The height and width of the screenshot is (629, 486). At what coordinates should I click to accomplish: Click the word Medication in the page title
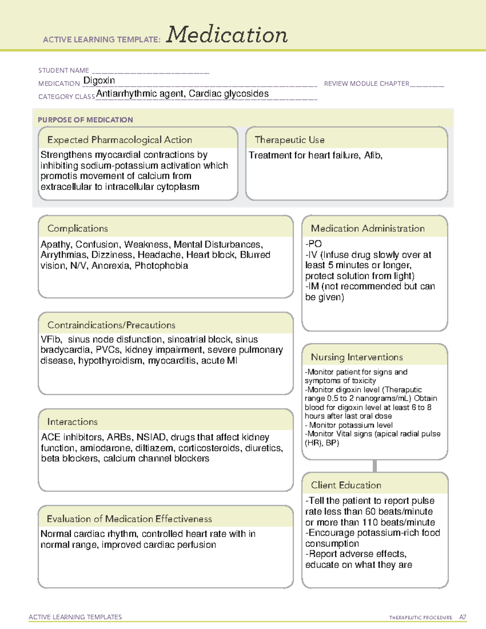(x=227, y=35)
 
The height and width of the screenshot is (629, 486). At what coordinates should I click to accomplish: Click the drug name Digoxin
(x=99, y=81)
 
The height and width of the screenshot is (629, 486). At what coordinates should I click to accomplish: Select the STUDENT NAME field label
(x=64, y=70)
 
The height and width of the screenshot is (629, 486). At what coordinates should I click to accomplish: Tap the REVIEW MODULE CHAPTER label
(x=367, y=83)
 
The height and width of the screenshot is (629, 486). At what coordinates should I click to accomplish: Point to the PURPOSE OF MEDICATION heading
(x=85, y=120)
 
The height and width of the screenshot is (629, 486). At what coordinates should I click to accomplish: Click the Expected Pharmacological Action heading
(x=119, y=140)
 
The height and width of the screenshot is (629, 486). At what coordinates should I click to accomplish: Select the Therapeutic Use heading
(x=289, y=140)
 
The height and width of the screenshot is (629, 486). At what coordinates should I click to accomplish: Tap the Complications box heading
(x=77, y=228)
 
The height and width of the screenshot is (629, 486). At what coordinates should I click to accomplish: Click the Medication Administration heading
(x=367, y=228)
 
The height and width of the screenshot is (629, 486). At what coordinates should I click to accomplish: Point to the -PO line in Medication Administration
(x=313, y=244)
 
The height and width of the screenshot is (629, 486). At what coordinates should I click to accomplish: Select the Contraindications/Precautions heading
(x=111, y=325)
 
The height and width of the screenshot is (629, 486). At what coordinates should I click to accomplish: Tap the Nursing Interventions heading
(x=356, y=357)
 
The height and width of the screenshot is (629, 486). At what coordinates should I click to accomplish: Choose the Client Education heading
(x=346, y=485)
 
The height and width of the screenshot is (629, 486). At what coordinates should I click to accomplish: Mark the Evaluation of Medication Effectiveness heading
(x=129, y=519)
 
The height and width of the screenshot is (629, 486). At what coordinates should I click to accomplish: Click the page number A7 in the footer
(x=462, y=617)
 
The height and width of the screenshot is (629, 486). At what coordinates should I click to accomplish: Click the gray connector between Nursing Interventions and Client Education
(x=375, y=466)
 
